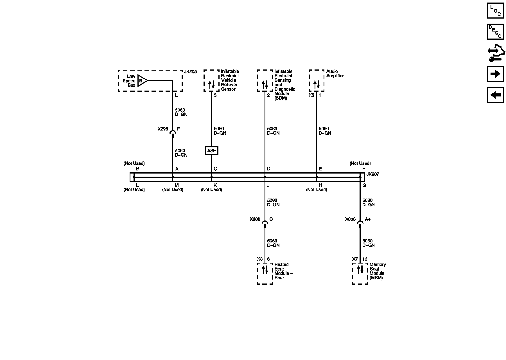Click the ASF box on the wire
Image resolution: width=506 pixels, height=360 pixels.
point(211,151)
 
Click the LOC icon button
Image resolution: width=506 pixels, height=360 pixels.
point(495,10)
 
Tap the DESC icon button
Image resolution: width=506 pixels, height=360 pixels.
point(495,31)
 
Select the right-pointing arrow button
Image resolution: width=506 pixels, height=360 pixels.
point(495,74)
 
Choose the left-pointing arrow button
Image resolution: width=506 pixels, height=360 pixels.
point(495,95)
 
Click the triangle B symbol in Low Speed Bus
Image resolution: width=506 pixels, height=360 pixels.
point(142,81)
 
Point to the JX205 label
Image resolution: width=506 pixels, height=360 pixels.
point(190,72)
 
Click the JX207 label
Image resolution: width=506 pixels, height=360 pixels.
point(372,174)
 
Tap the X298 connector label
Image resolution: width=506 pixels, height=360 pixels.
point(163,129)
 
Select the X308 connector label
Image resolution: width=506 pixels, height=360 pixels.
point(255,219)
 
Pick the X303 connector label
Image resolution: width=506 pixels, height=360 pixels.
point(350,219)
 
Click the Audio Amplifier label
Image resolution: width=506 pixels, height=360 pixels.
point(335,74)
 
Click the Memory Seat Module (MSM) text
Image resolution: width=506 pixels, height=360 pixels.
point(378,271)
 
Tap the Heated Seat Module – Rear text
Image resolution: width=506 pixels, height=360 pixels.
point(283,271)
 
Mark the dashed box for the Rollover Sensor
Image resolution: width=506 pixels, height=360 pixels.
point(211,81)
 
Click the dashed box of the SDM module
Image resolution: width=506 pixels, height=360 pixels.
point(265,81)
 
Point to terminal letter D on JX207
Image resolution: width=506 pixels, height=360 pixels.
point(269,169)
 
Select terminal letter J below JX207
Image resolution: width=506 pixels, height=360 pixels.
point(268,186)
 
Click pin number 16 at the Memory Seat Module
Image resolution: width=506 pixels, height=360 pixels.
point(365,259)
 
